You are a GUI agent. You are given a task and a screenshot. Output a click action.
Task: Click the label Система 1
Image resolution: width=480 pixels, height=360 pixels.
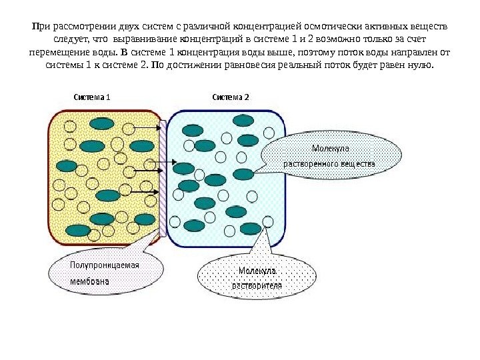point(91,97)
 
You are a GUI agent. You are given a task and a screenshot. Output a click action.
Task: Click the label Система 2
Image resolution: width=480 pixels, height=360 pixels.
point(231,97)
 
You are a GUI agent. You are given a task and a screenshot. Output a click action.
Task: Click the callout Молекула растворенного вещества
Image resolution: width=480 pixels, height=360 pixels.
point(331,155)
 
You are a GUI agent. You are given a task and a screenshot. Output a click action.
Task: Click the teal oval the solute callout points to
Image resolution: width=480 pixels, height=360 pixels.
point(244,174)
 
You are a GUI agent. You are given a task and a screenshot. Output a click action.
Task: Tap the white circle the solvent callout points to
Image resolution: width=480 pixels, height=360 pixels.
point(268,221)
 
